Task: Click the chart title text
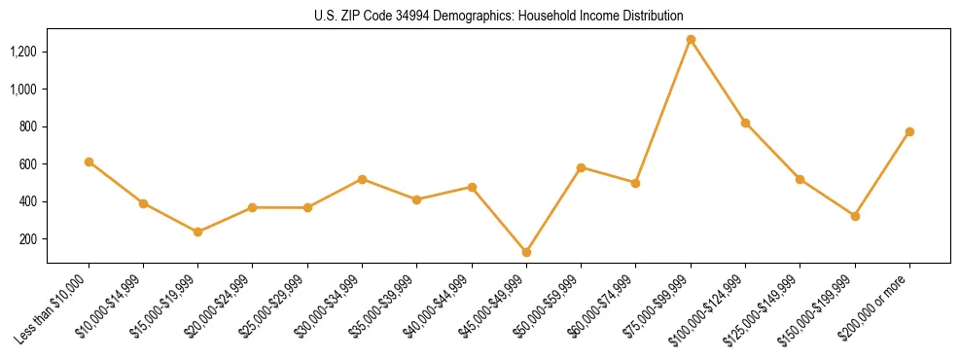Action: tap(498, 17)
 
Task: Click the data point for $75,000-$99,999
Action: tap(691, 40)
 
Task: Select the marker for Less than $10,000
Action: tap(89, 162)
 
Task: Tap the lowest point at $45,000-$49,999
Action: tap(526, 252)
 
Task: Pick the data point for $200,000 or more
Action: tap(909, 131)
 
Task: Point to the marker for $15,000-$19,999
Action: tap(198, 232)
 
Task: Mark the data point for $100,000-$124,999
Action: tap(745, 123)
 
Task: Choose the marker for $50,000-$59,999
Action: tap(581, 167)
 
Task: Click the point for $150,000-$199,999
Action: tap(855, 216)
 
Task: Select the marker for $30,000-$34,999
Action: tap(362, 179)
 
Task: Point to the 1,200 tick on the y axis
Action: tap(24, 52)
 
